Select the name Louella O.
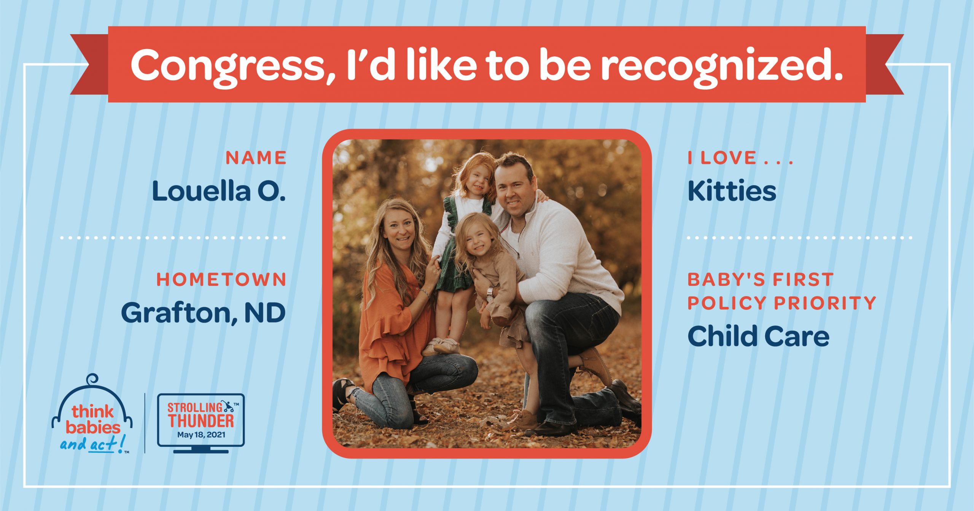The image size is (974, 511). [219, 191]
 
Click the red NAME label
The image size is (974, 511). [256, 158]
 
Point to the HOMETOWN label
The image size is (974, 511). [221, 280]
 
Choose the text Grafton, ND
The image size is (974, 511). [204, 313]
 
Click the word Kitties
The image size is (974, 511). [732, 191]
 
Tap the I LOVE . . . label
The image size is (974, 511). [740, 158]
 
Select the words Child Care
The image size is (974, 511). [758, 336]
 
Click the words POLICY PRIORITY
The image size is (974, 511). [782, 303]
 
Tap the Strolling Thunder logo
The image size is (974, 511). [201, 423]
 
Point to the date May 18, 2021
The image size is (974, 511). [201, 435]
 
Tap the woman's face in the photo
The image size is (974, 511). [398, 230]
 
